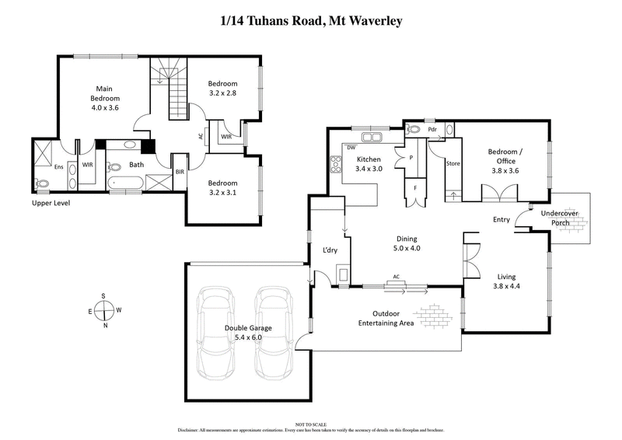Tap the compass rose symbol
(105, 311)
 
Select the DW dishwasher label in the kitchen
(351, 147)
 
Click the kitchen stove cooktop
(337, 164)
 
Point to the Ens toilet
(42, 184)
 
